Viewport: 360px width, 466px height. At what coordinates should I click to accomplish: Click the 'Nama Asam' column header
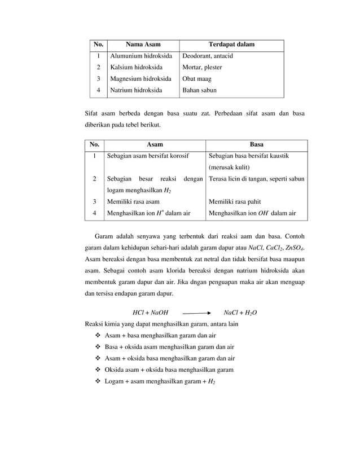[143, 45]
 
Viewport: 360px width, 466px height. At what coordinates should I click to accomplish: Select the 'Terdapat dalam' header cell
[231, 45]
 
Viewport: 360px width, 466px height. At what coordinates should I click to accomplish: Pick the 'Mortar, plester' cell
[201, 67]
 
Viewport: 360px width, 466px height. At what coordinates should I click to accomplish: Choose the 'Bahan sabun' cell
[199, 90]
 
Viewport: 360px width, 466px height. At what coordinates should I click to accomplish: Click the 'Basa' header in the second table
[257, 144]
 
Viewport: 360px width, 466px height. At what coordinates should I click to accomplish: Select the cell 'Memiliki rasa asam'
[133, 201]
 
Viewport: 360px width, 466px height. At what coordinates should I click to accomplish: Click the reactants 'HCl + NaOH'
[150, 312]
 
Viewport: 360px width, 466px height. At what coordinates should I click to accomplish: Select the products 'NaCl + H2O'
[240, 312]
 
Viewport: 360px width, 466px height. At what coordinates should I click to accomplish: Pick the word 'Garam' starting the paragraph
[103, 236]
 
